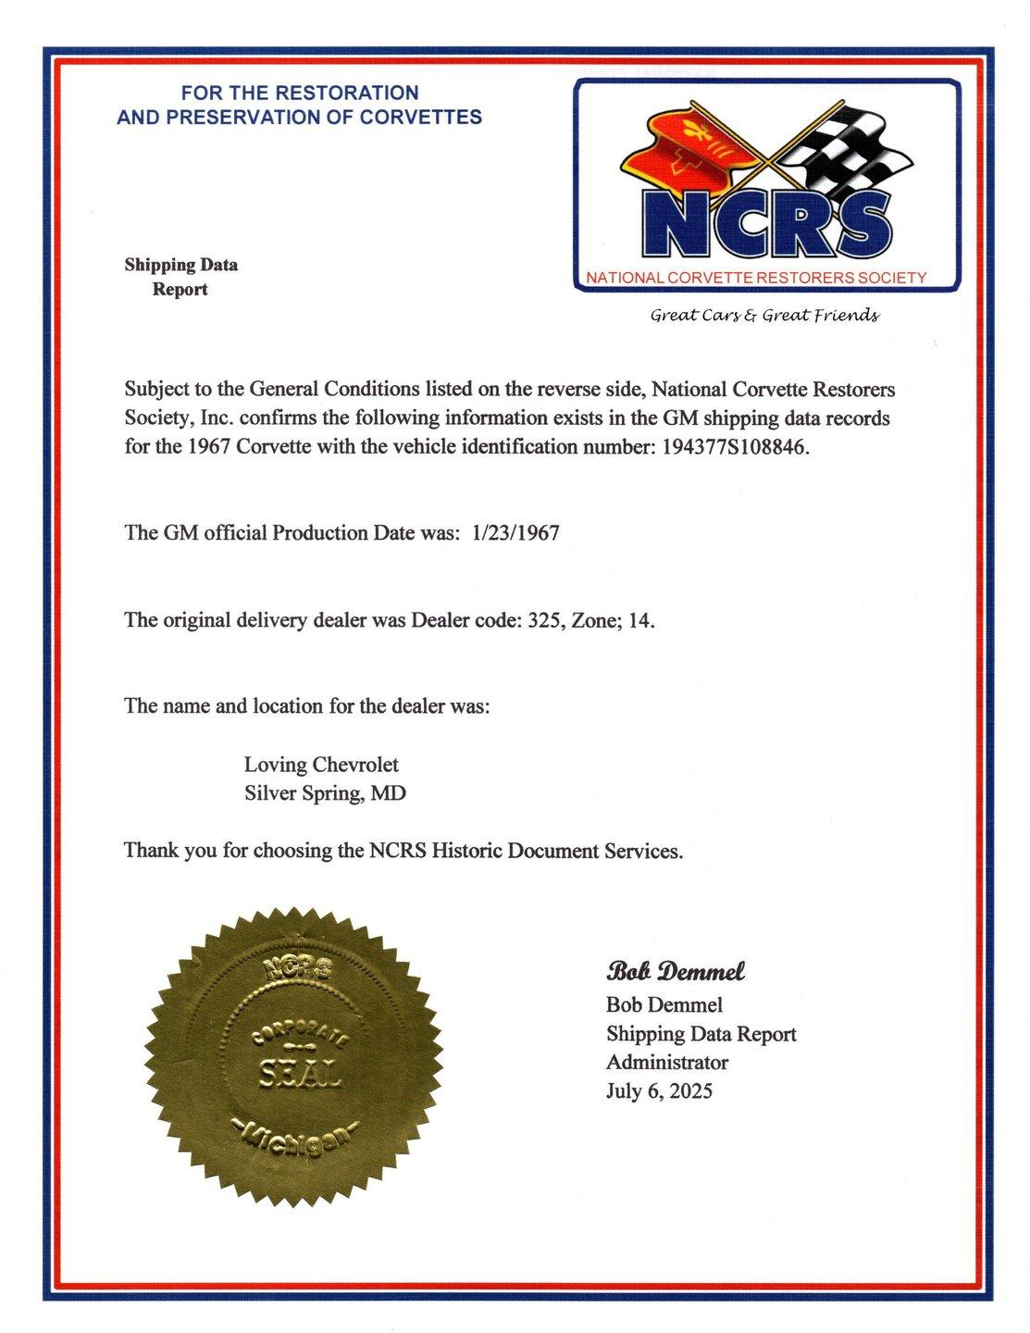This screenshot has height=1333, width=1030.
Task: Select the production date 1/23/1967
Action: click(515, 533)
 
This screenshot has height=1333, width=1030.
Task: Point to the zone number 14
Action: click(639, 620)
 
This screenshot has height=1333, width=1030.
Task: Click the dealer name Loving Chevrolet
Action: click(321, 765)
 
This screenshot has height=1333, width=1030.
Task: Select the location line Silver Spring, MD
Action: click(325, 793)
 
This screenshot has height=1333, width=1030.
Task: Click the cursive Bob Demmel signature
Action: click(676, 972)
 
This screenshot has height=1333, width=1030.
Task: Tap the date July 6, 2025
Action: click(659, 1091)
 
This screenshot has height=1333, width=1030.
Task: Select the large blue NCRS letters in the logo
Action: click(765, 224)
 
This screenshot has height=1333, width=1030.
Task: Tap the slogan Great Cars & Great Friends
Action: click(764, 316)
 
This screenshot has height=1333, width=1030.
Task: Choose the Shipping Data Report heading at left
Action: click(180, 277)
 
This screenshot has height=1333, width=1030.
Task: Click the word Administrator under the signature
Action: click(666, 1063)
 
